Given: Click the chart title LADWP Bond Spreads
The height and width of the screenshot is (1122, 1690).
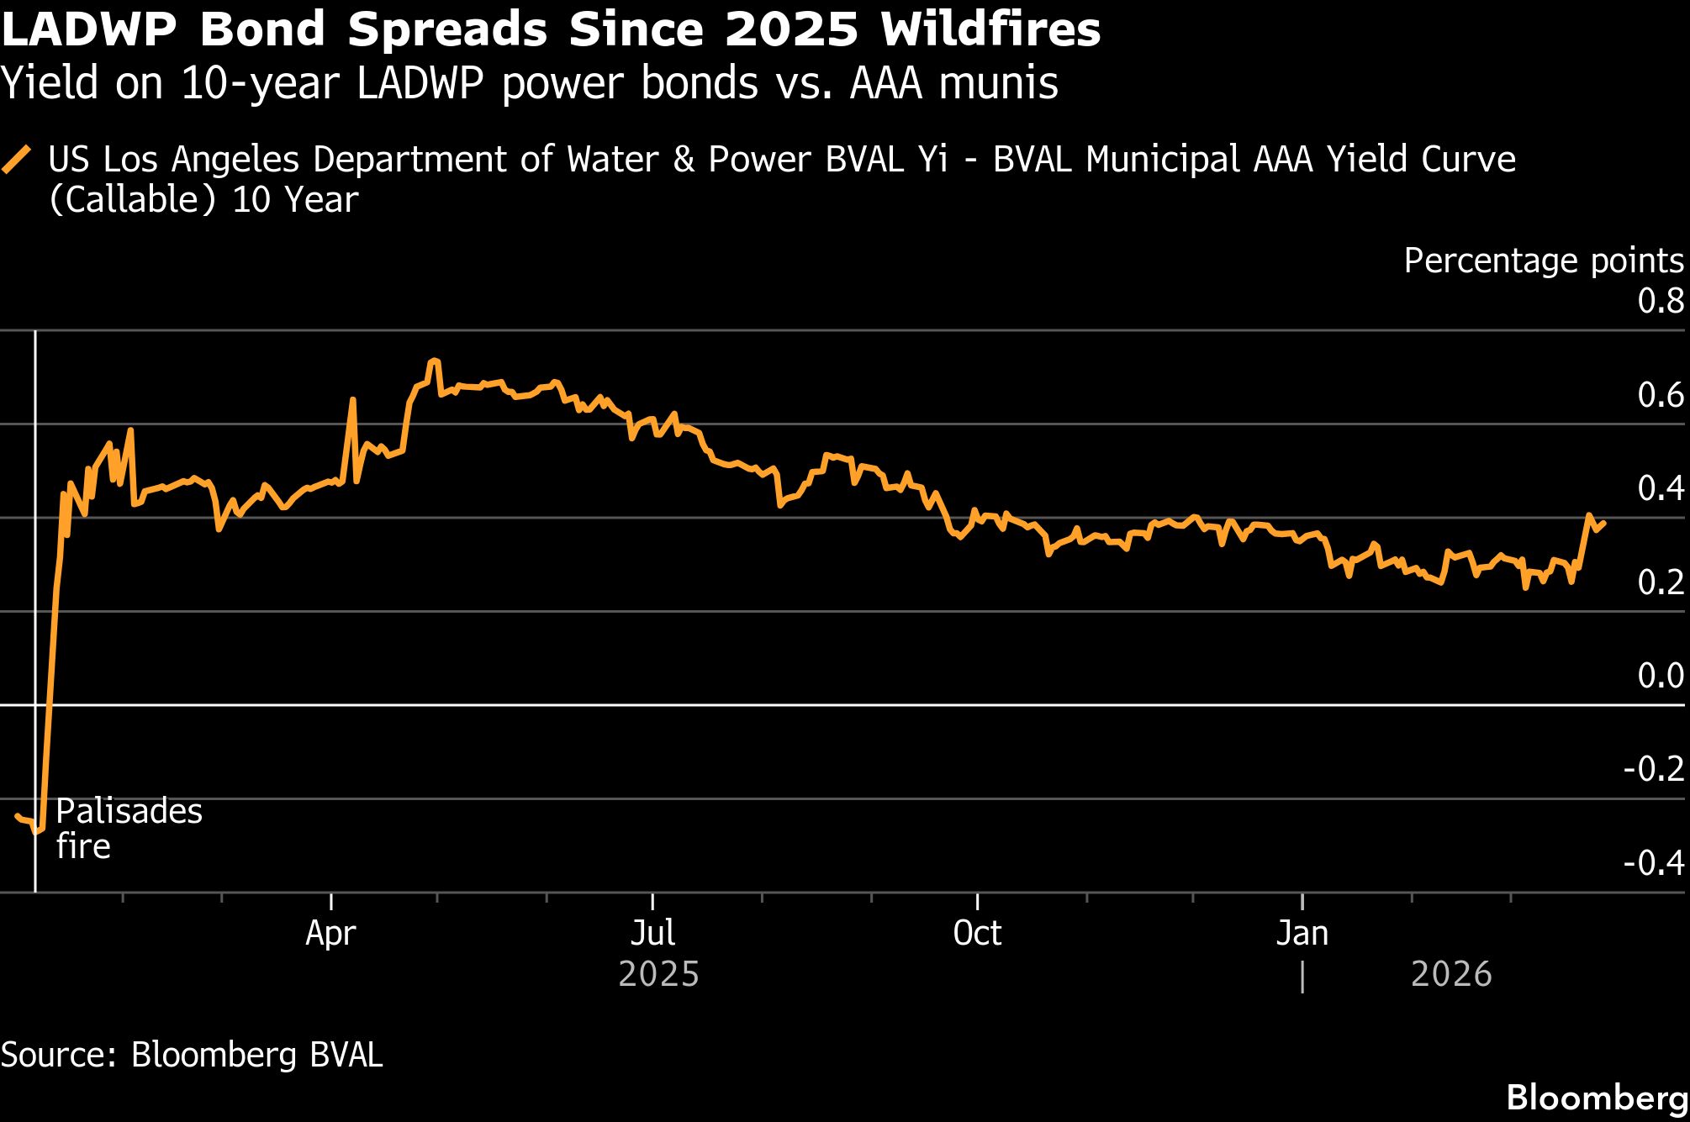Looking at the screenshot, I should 551,29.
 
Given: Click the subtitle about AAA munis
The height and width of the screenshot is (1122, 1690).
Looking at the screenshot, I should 529,83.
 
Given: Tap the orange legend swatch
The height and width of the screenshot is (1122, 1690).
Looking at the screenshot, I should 17,159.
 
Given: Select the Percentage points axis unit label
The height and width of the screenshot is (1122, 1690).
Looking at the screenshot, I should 1544,261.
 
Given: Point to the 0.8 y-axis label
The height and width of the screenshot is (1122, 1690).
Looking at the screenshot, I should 1661,301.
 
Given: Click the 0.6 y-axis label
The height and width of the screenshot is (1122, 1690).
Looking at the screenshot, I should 1661,395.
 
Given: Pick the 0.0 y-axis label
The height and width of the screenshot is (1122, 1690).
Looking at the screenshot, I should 1661,676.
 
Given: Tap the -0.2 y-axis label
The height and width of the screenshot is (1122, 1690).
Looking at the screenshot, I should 1654,769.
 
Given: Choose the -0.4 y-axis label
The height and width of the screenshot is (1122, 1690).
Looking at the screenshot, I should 1654,863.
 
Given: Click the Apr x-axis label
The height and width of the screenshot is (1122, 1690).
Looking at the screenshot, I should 330,933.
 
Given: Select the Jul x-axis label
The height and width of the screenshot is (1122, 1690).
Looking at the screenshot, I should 652,933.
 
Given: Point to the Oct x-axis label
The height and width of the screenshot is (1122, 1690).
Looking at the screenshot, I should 977,933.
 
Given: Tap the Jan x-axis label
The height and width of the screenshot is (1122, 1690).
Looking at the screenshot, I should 1302,933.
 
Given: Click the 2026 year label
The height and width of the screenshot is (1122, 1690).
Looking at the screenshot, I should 1451,974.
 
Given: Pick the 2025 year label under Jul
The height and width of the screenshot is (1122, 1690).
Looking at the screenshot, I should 658,974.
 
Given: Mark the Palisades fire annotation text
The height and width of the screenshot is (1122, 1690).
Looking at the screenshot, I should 129,829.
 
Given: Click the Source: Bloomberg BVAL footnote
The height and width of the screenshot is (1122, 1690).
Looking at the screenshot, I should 192,1055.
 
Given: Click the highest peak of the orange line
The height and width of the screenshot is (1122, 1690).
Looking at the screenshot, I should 433,361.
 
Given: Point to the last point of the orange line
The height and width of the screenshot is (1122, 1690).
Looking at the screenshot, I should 1604,524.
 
